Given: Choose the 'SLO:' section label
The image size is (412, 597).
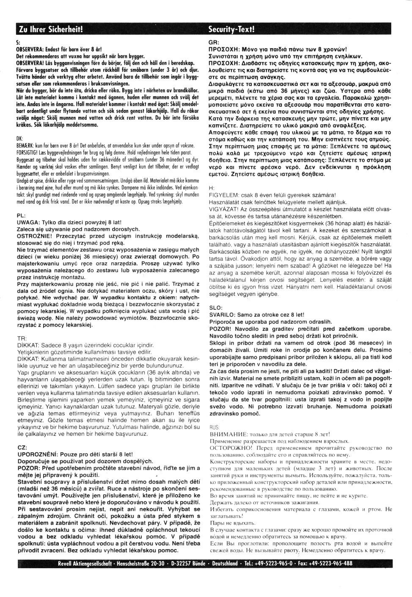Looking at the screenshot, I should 216,308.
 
